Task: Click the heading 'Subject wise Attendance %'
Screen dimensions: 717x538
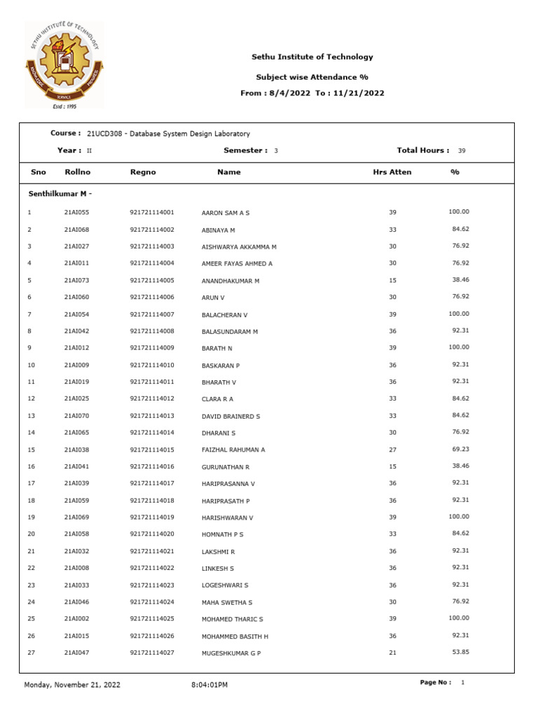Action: point(312,77)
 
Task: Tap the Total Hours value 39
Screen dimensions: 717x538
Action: point(461,151)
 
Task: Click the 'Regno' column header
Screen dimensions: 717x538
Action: point(143,172)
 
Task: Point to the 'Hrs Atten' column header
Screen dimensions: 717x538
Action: point(392,172)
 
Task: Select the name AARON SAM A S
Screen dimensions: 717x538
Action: point(225,212)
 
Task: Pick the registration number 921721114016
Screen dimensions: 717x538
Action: point(151,466)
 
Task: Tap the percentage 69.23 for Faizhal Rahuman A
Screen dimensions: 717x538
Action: point(460,449)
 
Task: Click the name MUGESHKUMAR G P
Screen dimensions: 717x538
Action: point(230,653)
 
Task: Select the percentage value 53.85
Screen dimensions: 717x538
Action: point(460,652)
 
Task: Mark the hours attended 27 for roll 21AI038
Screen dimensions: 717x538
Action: point(392,450)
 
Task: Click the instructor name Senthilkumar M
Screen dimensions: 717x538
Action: point(59,193)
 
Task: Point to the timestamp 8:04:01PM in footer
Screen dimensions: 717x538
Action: point(209,684)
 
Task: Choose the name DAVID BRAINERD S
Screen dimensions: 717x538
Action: point(230,416)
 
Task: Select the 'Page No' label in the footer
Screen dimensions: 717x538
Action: point(435,682)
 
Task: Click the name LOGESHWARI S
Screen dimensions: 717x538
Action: point(225,585)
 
